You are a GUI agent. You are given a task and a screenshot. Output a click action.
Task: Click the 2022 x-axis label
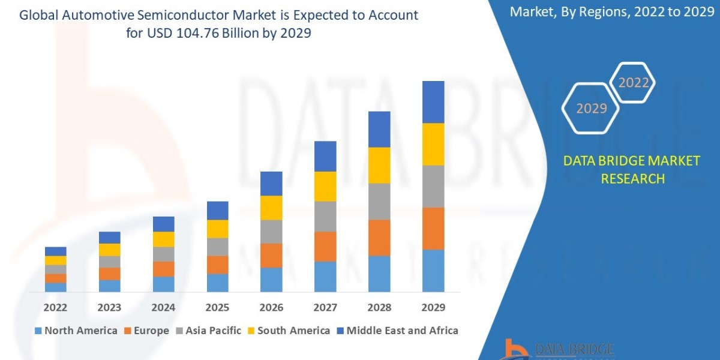(x=55, y=308)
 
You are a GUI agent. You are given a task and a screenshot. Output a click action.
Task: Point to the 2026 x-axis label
(x=271, y=308)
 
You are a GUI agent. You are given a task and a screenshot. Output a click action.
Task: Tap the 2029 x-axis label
(x=433, y=308)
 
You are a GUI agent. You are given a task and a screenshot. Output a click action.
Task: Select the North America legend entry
(x=76, y=331)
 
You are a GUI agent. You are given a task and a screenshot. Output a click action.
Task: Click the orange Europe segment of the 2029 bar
(x=433, y=229)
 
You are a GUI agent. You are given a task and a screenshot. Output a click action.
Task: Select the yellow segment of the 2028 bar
(x=379, y=165)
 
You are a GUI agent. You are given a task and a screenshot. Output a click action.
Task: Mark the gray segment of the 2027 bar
(x=325, y=217)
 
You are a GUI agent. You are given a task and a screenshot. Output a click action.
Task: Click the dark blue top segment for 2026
(x=271, y=184)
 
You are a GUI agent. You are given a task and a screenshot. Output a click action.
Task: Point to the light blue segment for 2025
(x=217, y=283)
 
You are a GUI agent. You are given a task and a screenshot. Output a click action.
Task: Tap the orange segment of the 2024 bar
(x=163, y=269)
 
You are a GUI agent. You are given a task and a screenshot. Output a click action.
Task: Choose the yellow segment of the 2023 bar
(x=109, y=250)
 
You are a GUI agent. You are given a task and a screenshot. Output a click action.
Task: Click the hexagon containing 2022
(x=634, y=83)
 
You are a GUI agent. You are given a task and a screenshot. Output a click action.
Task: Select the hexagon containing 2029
(x=592, y=109)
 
